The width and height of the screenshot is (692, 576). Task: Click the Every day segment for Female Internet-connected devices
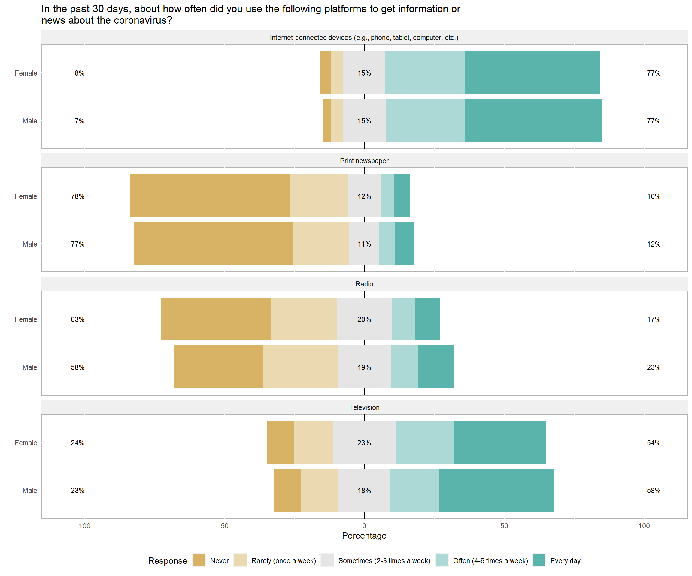click(532, 72)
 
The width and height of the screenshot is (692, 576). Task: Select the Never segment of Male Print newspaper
click(214, 244)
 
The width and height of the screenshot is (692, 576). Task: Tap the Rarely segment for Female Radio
click(304, 319)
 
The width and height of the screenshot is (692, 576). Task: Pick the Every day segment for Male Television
click(496, 490)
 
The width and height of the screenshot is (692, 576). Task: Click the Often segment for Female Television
click(425, 442)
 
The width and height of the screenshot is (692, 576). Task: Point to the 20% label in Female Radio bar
click(364, 319)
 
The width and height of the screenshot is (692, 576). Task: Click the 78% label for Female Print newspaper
click(77, 196)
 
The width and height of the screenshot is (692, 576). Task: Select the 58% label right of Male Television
click(654, 490)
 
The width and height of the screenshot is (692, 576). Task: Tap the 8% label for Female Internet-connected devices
click(79, 73)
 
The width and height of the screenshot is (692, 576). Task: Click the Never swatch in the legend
click(199, 560)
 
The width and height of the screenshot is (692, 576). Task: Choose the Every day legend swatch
click(539, 560)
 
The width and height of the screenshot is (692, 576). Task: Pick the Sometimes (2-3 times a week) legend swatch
click(327, 560)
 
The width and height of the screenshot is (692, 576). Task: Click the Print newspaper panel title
click(364, 160)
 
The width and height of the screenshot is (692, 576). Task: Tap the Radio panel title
click(364, 284)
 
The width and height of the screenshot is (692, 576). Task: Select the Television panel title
click(364, 407)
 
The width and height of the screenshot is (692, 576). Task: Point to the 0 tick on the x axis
click(364, 526)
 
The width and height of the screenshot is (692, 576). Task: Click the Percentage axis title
click(364, 535)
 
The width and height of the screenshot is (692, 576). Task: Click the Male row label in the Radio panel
click(30, 367)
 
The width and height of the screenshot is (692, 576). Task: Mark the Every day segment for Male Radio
click(436, 367)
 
